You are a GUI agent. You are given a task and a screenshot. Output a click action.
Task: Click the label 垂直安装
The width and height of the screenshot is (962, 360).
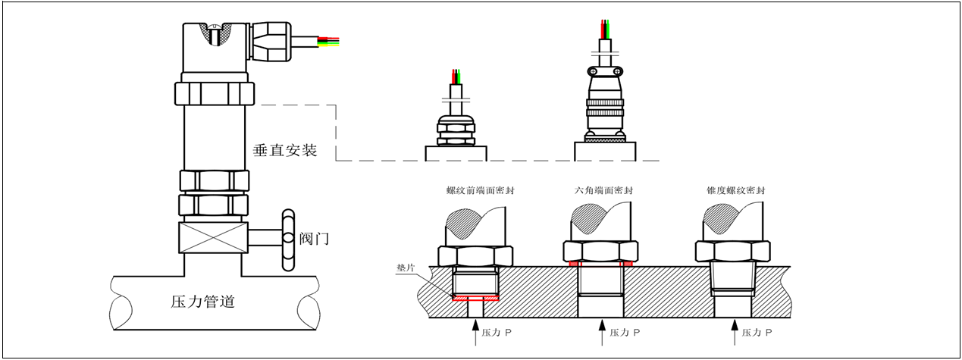(284, 151)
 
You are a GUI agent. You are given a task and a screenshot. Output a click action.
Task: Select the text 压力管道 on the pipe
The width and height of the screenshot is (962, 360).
(203, 302)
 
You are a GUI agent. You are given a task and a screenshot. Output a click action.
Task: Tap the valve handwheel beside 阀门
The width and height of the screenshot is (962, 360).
(287, 238)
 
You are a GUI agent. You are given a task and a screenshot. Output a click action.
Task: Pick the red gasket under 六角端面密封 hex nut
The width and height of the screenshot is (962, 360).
(602, 265)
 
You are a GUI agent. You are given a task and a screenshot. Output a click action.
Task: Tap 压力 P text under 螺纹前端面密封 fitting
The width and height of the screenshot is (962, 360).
(494, 333)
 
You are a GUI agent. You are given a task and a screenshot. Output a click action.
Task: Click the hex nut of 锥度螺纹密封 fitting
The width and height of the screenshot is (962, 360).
(732, 252)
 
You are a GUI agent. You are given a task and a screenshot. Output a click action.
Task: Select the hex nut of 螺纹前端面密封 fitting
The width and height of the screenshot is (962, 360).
(475, 255)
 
